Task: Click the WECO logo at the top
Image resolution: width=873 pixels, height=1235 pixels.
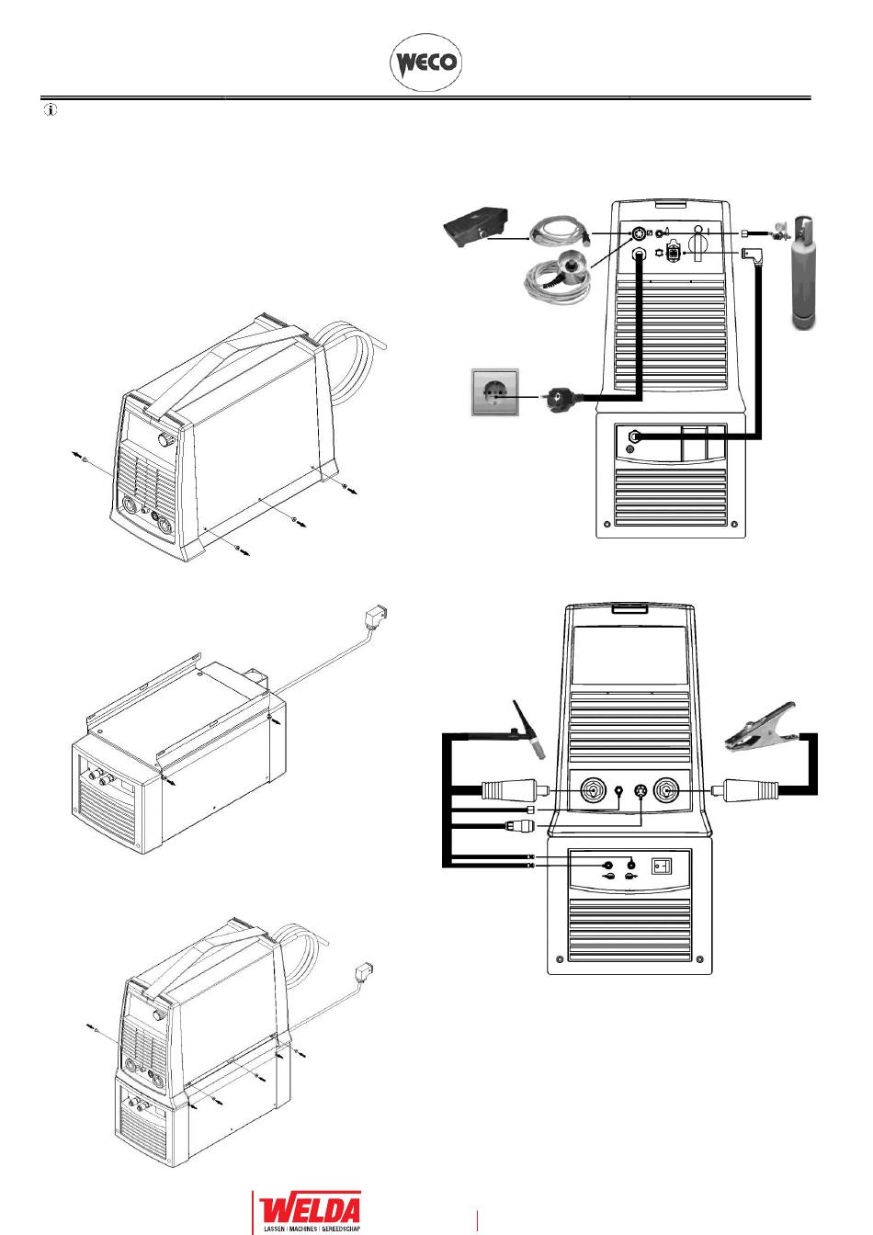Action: click(x=425, y=62)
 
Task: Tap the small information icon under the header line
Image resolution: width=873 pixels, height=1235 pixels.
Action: click(x=51, y=109)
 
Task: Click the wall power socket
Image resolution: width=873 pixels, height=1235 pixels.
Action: click(x=494, y=392)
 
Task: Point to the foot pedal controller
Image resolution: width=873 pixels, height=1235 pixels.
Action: click(x=477, y=227)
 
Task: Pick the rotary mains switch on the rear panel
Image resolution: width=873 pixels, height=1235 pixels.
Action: click(x=698, y=243)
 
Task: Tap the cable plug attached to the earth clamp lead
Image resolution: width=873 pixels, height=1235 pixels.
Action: click(x=744, y=791)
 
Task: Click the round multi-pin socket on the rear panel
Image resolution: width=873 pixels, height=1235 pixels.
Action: click(x=638, y=234)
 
